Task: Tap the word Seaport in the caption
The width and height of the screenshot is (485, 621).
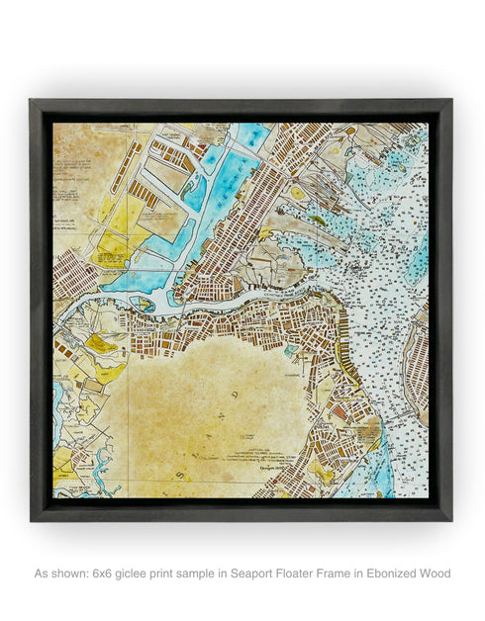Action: point(275,574)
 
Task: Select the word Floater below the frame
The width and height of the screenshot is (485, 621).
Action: point(327,574)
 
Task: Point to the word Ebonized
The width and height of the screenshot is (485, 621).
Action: point(397,574)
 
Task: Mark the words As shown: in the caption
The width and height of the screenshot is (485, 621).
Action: point(61,574)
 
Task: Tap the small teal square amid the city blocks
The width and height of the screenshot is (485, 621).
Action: point(289,349)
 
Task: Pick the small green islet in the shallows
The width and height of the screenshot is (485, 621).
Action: point(317,220)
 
